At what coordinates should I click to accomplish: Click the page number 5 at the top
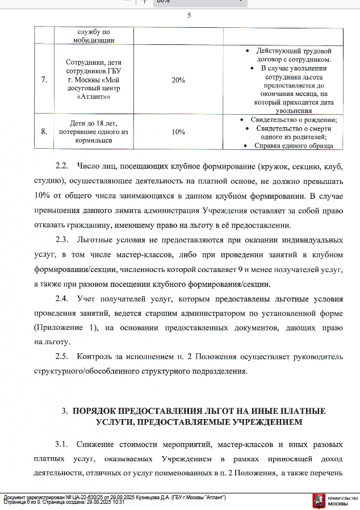click(189, 16)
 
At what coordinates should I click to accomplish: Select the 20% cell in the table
click(178, 80)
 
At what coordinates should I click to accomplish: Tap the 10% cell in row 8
click(178, 132)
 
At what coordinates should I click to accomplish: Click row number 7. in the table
click(44, 80)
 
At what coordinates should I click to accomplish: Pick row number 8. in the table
click(44, 132)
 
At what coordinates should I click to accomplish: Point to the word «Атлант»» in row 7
click(94, 98)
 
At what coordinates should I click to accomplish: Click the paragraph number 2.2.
click(62, 166)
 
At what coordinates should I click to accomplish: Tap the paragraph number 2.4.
click(62, 299)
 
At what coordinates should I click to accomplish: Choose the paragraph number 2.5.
click(62, 357)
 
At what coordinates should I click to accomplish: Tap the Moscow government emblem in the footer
click(320, 500)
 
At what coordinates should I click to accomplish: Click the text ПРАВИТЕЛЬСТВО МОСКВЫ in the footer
click(342, 500)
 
